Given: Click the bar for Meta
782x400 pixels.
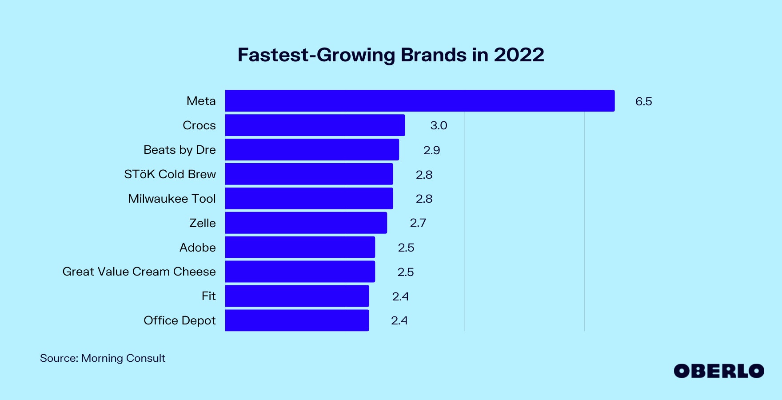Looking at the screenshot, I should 419,101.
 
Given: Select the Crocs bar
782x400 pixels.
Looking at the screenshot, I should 315,125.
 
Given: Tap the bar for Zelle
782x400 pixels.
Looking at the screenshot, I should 306,223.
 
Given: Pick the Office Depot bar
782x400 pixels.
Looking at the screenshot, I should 297,320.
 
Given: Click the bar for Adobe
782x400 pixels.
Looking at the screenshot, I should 300,247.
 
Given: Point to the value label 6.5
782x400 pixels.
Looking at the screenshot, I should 643,101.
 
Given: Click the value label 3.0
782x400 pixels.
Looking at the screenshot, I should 439,126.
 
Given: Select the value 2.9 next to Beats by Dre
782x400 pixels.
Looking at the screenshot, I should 431,150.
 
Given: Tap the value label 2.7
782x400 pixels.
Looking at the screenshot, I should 418,223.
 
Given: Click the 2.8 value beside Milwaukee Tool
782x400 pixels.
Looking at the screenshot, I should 424,199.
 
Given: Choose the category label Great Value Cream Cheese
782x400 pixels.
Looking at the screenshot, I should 139,272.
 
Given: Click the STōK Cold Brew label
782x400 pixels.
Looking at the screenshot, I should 170,174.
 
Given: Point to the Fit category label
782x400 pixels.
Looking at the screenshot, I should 208,296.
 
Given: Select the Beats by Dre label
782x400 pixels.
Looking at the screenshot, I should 180,150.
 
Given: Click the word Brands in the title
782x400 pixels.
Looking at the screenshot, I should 434,55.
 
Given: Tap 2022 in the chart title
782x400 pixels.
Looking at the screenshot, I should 519,55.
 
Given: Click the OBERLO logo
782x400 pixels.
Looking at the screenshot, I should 718,371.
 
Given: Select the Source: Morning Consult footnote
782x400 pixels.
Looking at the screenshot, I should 103,358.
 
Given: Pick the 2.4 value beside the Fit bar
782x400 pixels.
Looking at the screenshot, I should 400,296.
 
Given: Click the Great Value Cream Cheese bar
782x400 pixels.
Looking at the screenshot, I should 300,272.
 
